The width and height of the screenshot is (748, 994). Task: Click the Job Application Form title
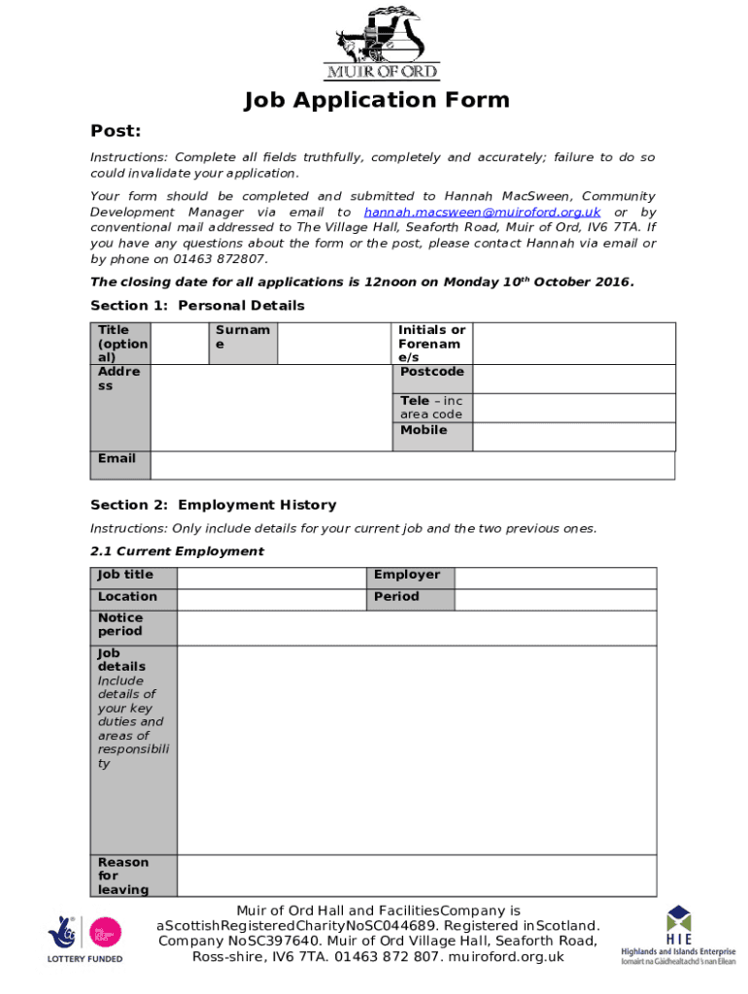click(376, 100)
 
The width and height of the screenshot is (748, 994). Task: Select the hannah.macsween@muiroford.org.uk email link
click(482, 212)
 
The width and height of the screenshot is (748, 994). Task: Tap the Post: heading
click(116, 131)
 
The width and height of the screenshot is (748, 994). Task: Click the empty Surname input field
click(333, 344)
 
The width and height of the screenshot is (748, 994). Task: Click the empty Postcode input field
click(573, 379)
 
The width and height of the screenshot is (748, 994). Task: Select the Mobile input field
click(573, 437)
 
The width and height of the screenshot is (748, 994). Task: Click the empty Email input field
click(412, 466)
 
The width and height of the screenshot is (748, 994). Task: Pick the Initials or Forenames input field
click(573, 344)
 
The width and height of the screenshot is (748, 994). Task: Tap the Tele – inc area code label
click(431, 408)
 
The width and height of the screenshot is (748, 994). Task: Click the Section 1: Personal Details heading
click(197, 306)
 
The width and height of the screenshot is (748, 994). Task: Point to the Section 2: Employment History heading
click(213, 505)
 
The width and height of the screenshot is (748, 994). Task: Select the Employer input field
click(556, 577)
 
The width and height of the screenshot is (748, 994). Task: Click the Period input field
click(556, 599)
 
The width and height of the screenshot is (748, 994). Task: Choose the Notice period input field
click(417, 628)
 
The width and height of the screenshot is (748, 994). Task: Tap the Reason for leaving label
click(123, 876)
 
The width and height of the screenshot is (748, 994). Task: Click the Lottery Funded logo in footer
click(85, 938)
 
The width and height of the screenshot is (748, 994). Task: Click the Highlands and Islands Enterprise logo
click(679, 935)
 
